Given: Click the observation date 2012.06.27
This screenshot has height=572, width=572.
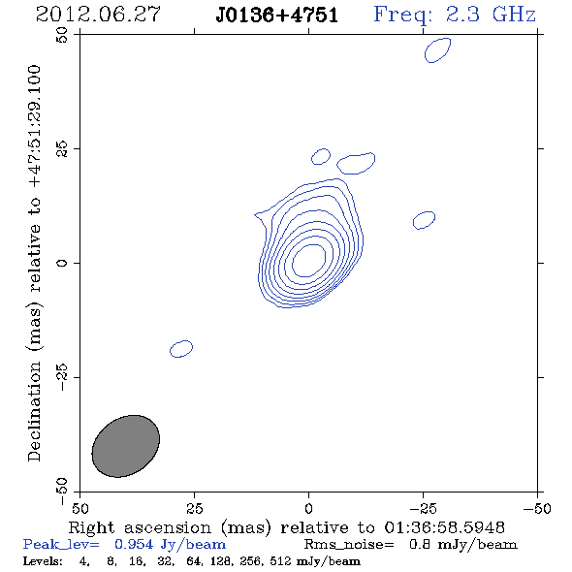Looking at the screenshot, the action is coord(98,15).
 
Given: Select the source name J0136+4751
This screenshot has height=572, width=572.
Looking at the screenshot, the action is coord(277,15).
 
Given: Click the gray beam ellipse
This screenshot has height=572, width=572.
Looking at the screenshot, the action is coord(125,446).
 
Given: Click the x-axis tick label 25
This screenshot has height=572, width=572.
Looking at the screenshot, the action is coord(194,508).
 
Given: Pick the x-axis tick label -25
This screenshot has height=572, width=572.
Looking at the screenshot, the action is coord(423,508).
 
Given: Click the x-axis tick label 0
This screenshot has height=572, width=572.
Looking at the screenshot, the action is coord(308,508).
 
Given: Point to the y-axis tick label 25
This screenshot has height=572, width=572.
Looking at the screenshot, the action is coord(62,149).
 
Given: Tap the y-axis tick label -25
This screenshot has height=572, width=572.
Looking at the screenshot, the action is coord(62,377).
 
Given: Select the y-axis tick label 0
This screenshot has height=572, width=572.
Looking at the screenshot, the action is coord(62,263).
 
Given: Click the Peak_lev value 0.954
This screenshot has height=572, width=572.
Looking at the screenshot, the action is coord(134,544).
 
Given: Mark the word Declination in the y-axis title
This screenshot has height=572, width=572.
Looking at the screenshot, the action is coord(34,411).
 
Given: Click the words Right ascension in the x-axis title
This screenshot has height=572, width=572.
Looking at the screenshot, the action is coord(140,527).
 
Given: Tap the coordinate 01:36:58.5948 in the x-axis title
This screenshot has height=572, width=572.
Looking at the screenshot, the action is coord(444,527).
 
